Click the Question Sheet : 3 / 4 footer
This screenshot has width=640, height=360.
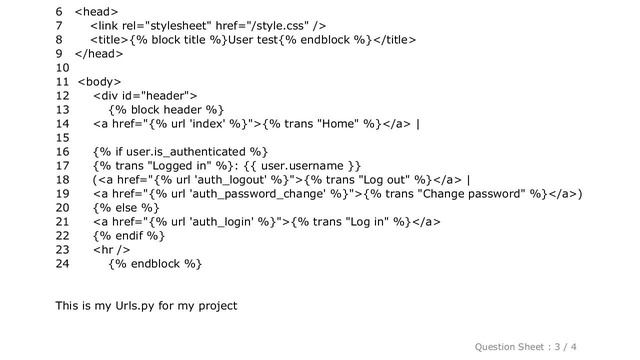click(x=561, y=344)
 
